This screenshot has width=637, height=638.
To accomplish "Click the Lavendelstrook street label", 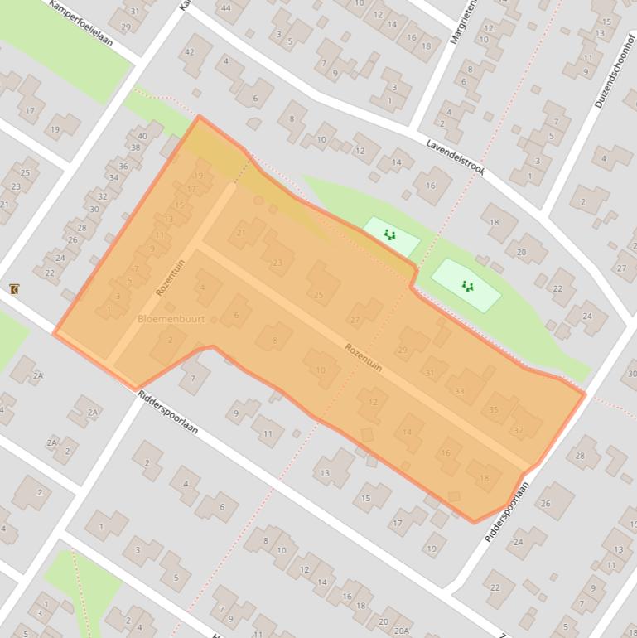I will [456, 157].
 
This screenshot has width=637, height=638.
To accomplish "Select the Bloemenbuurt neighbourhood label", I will [171, 318].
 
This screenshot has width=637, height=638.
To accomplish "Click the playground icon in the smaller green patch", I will [390, 235].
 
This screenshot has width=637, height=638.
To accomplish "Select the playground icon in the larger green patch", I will [467, 287].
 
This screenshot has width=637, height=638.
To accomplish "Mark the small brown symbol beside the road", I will [15, 288].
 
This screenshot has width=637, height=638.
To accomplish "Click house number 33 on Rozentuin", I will [460, 391].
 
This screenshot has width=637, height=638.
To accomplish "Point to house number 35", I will [494, 409].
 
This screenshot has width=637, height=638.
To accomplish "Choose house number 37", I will [519, 430].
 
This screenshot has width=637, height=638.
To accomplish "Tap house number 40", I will [143, 136].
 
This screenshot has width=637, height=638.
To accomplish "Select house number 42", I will [189, 51].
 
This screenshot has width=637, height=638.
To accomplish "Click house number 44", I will [224, 7].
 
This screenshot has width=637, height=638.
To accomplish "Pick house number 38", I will [136, 148].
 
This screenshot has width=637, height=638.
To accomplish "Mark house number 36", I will [123, 166].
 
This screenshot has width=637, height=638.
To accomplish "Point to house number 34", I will [113, 177].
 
